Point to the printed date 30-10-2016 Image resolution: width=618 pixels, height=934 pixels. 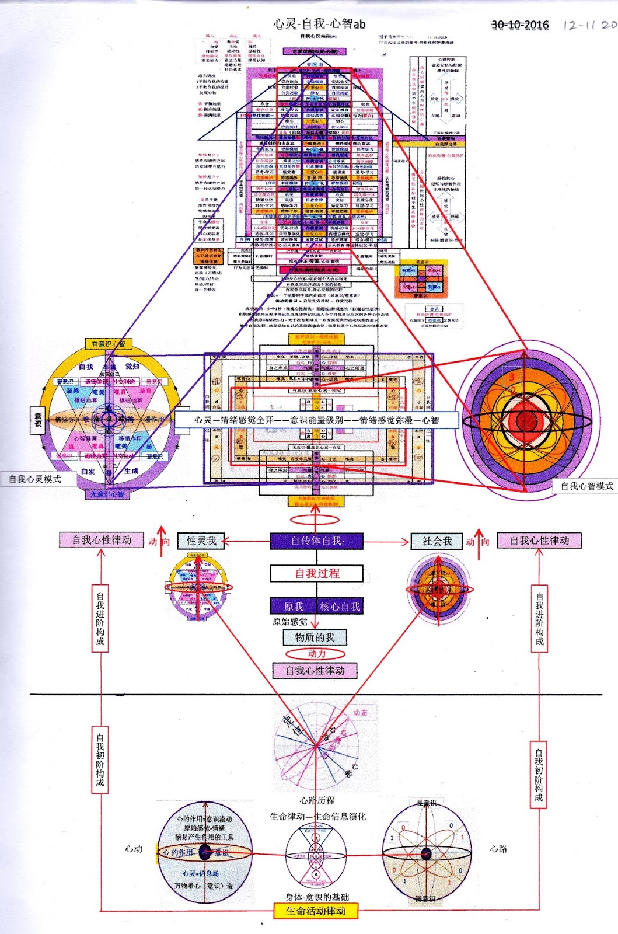tap(519, 25)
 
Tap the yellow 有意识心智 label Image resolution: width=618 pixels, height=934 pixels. tap(109, 344)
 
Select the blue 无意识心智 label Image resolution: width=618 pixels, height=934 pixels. tap(107, 494)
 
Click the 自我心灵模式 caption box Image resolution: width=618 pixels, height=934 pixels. tap(35, 479)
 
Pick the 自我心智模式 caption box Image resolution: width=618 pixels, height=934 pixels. tap(586, 486)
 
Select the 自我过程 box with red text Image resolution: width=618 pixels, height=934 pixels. tap(317, 573)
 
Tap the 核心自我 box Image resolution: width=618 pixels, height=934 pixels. tap(340, 607)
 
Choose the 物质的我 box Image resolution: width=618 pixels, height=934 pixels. tap(315, 637)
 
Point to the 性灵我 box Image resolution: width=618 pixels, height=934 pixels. tap(201, 541)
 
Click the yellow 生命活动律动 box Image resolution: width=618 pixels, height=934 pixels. tap(316, 911)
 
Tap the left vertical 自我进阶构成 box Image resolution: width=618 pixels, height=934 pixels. tap(100, 619)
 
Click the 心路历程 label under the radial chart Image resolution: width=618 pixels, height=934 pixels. tap(317, 800)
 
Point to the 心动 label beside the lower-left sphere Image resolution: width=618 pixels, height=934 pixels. tap(134, 849)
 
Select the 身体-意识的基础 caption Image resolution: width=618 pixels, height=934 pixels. tap(317, 897)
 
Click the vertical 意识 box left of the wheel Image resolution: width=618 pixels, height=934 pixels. tap(38, 420)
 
